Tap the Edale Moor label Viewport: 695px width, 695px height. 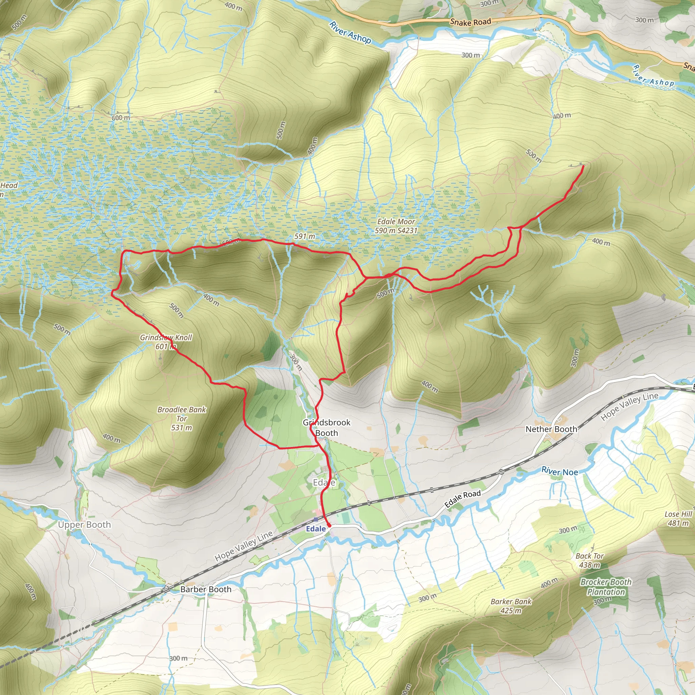click(x=396, y=226)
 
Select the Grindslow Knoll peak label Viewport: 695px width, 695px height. click(x=166, y=342)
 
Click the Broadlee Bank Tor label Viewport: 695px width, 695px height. click(x=182, y=418)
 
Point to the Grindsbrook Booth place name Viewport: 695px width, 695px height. click(x=326, y=427)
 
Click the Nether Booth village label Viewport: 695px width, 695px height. click(x=551, y=429)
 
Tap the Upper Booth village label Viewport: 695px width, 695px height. click(x=84, y=525)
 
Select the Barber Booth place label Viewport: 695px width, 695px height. click(x=206, y=589)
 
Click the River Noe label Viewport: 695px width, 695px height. click(x=560, y=471)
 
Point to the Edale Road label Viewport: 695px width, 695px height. click(x=463, y=499)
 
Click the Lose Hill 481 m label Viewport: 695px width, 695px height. click(x=678, y=519)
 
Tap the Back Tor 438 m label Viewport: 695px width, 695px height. click(x=589, y=560)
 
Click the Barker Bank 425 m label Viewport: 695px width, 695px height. click(x=511, y=606)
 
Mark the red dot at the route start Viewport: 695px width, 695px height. click(x=329, y=526)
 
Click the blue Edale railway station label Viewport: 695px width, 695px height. click(x=316, y=529)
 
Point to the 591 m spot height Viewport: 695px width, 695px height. click(x=304, y=236)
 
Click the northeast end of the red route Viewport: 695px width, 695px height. click(x=582, y=166)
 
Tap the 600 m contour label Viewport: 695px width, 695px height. click(x=121, y=118)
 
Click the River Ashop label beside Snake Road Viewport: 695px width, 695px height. click(x=350, y=32)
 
